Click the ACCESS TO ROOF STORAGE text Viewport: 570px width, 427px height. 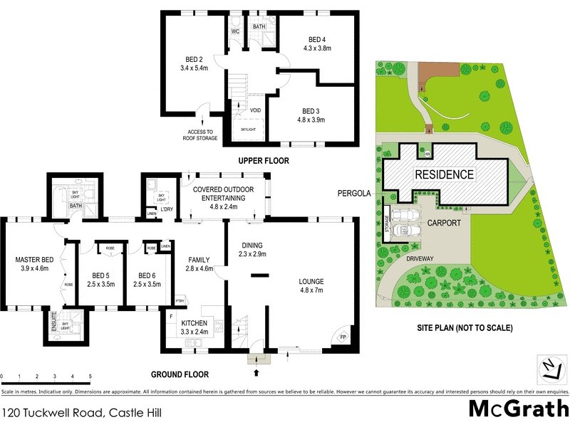pyautogui.click(x=200, y=136)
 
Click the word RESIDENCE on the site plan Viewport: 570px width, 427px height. pyautogui.click(x=444, y=174)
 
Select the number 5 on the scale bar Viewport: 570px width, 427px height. pyautogui.click(x=90, y=376)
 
